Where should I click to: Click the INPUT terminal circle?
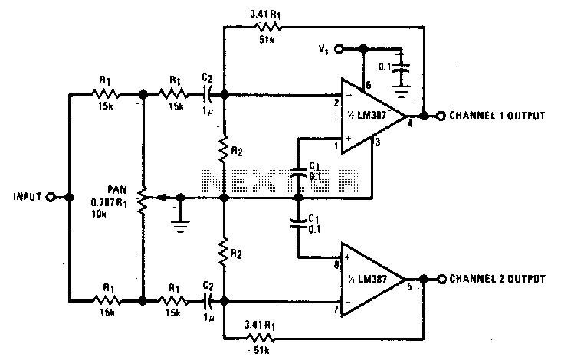51,197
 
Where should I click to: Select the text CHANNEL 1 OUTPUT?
497,116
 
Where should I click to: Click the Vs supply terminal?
342,50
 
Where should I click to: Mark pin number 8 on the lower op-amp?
336,264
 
